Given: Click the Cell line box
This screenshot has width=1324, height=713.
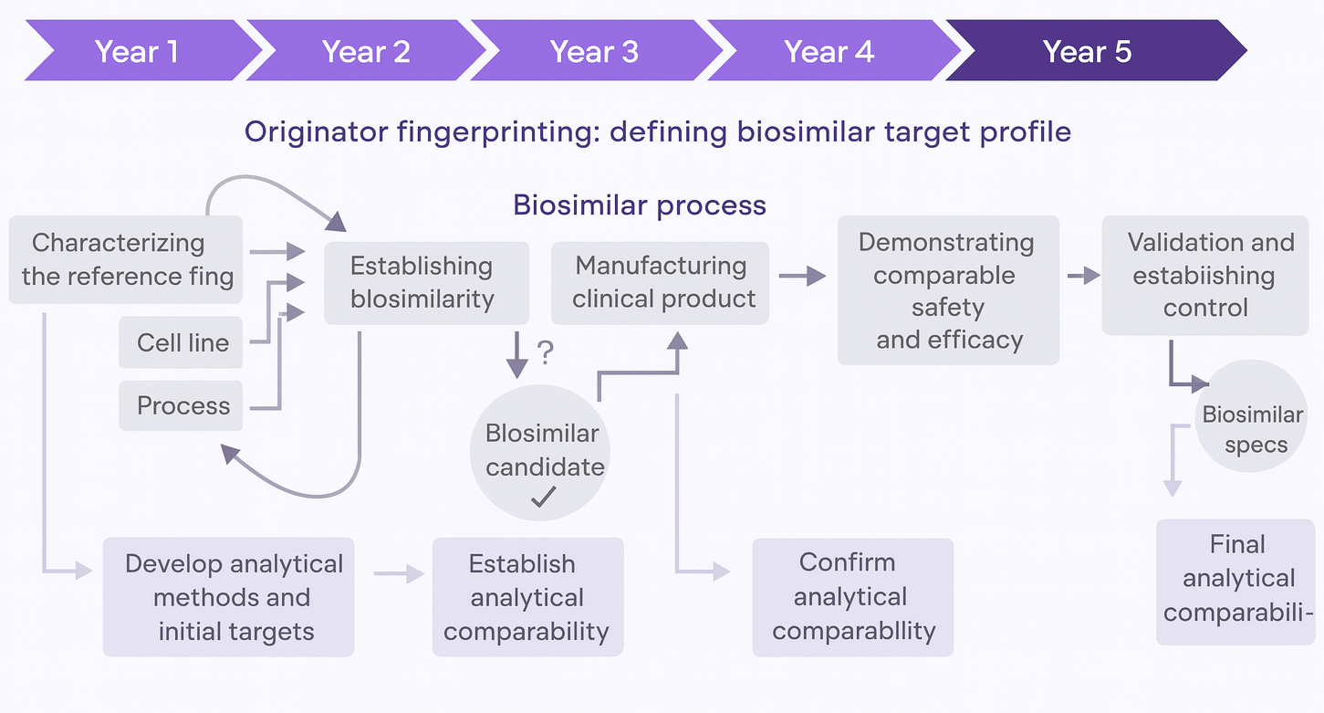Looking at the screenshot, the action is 181,342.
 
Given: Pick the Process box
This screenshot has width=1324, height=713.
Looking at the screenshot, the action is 181,405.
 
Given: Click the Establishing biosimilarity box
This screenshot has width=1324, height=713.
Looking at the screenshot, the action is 426,283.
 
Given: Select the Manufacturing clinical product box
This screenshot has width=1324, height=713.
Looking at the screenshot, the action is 661,283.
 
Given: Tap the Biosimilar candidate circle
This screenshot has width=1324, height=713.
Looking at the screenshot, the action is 539,452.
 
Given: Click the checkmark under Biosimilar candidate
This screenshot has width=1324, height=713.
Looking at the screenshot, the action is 543,497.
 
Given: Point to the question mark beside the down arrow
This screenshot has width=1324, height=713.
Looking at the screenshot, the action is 545,353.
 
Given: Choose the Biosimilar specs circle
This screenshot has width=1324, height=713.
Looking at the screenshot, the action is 1251,415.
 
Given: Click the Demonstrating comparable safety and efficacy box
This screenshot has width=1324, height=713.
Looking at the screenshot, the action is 948,289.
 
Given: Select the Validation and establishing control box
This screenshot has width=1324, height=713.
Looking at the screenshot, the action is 1205,275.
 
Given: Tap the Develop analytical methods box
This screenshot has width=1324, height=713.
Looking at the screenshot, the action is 229,596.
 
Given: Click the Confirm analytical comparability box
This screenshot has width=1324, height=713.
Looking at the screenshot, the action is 853,597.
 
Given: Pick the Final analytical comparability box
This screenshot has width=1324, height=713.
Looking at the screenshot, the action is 1235,582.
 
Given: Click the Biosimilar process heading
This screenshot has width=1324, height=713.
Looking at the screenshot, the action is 640,205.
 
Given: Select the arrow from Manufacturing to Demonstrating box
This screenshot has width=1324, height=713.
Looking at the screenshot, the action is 803,276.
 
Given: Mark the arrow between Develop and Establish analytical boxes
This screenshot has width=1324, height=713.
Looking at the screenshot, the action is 399,573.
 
